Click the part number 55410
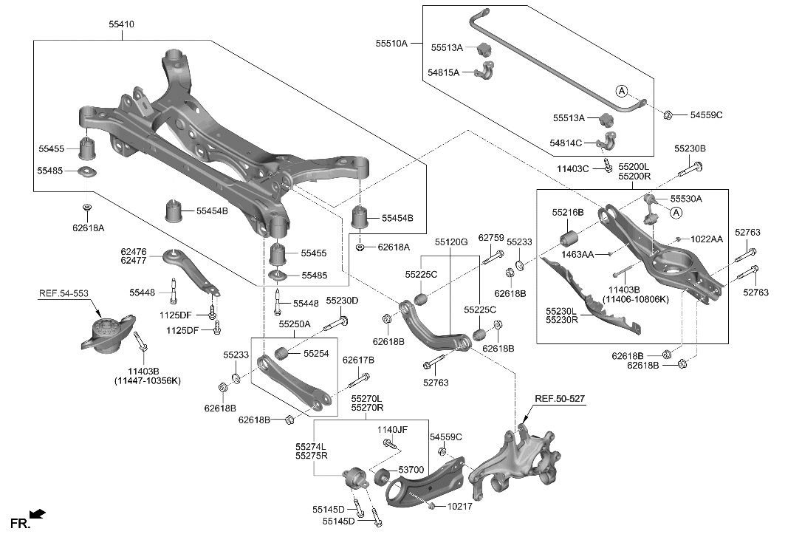click(121, 24)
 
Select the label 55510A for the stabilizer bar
click(391, 44)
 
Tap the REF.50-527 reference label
click(560, 399)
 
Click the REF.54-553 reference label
click(64, 294)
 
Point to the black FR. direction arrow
click(38, 513)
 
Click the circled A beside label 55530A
click(676, 212)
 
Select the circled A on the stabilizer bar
click(622, 91)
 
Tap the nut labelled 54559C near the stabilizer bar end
click(668, 114)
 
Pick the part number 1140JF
click(392, 429)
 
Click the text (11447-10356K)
click(148, 380)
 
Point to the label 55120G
click(451, 242)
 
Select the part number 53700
click(411, 470)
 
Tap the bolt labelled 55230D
click(340, 322)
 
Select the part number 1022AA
click(707, 239)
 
